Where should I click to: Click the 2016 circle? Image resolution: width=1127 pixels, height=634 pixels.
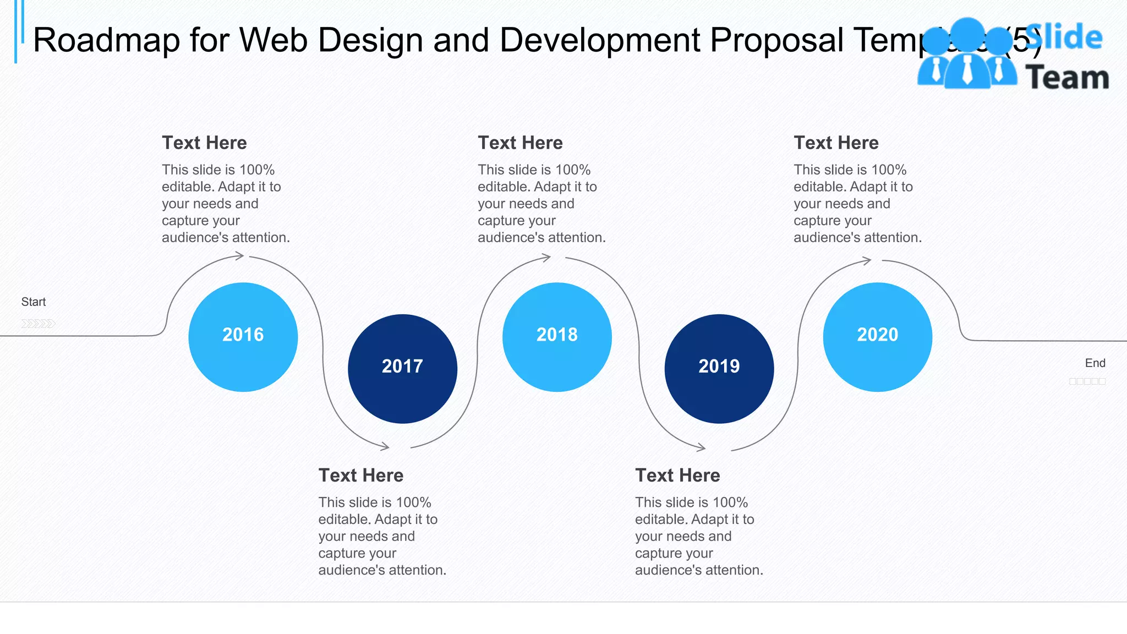click(x=243, y=337)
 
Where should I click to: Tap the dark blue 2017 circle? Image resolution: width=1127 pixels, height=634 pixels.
click(x=402, y=368)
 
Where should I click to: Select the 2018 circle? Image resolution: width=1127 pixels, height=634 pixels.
click(x=557, y=337)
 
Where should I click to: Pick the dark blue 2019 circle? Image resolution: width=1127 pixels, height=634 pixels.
click(x=719, y=368)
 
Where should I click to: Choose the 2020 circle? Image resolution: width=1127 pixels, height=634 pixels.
click(x=877, y=337)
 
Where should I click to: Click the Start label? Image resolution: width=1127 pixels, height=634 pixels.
click(x=34, y=302)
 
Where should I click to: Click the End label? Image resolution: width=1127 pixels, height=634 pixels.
click(x=1095, y=363)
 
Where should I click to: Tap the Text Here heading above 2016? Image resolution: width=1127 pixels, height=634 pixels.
click(x=204, y=143)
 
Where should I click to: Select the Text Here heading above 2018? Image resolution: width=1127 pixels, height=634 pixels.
click(x=520, y=143)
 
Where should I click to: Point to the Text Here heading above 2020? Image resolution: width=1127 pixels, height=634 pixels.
click(x=836, y=143)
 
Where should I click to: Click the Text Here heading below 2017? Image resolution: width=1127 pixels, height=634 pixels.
click(x=361, y=475)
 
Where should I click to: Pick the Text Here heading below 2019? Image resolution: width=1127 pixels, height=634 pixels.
click(x=677, y=475)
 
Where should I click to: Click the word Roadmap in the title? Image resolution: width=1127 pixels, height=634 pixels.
click(x=106, y=40)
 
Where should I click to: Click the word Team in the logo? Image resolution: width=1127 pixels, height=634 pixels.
click(x=1067, y=77)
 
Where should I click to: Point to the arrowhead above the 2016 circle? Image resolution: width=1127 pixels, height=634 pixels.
click(x=239, y=255)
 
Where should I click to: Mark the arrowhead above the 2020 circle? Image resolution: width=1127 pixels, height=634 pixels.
click(x=867, y=260)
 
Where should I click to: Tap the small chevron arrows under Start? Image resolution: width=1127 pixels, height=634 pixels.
click(x=38, y=323)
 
